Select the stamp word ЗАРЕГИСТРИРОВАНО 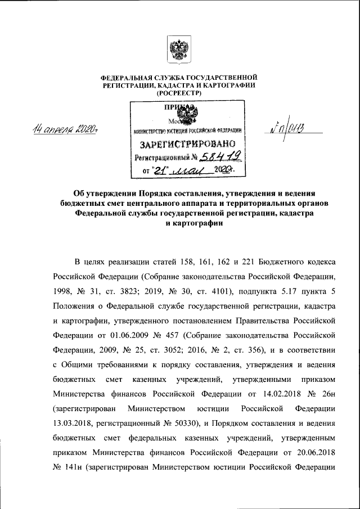click(x=188, y=144)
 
